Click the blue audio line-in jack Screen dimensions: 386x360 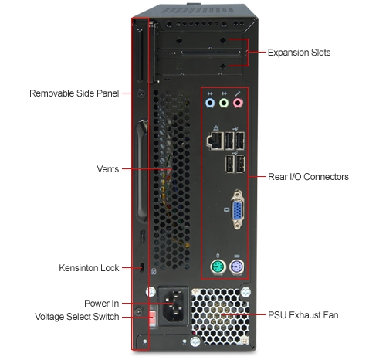[x=210, y=104]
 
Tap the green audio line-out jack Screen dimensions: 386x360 [x=224, y=104]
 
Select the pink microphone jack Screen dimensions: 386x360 [x=238, y=104]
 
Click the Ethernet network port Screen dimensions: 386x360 [x=215, y=141]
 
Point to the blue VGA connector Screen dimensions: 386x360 [x=237, y=210]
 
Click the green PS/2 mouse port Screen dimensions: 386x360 [x=218, y=267]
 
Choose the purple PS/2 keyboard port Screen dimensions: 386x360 [x=237, y=267]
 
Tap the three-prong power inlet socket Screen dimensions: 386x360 [x=173, y=306]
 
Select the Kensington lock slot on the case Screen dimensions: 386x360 [x=142, y=267]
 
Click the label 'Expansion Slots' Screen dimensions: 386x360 [x=299, y=53]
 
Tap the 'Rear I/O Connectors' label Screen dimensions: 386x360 [x=308, y=177]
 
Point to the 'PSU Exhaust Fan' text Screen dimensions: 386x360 [x=303, y=315]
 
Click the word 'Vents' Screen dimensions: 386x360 [x=108, y=169]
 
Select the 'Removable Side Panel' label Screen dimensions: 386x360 [x=74, y=93]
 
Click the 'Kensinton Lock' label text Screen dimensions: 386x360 [x=89, y=268]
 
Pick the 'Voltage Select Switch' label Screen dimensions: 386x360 [x=77, y=317]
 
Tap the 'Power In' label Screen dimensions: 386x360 [x=101, y=304]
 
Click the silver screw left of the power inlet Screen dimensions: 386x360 [x=151, y=292]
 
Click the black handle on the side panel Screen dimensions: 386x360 [x=141, y=172]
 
